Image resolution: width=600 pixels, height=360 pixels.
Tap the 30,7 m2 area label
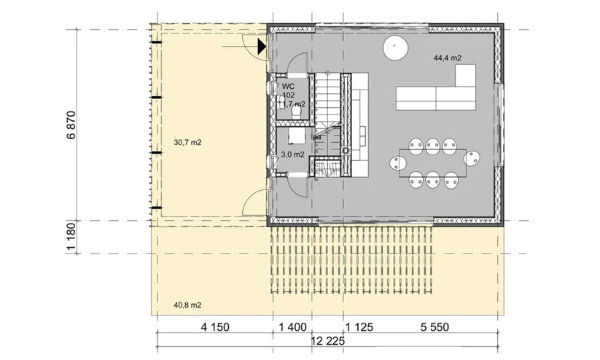coord(188,143)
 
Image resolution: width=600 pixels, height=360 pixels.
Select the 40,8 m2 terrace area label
coord(188,305)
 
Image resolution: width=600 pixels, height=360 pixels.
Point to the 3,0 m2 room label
coord(292,154)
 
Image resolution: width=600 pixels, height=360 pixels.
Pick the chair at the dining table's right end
coord(474,158)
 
